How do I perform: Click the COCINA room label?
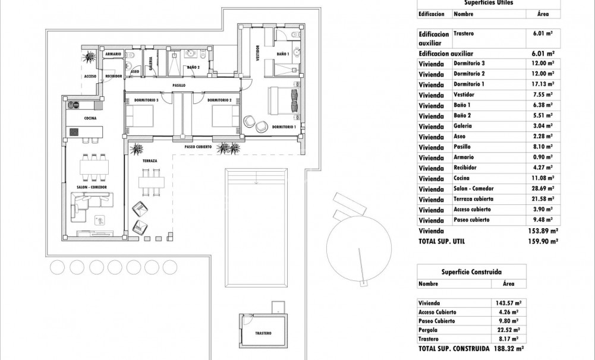click(x=90, y=118)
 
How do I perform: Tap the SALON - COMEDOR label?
click(x=91, y=187)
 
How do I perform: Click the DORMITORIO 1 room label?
click(x=284, y=127)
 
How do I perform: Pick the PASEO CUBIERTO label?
click(x=199, y=146)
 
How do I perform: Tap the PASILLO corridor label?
click(x=178, y=86)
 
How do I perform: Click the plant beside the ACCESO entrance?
click(x=90, y=58)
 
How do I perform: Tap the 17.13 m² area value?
click(x=543, y=84)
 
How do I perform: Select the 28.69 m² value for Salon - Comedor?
click(x=543, y=188)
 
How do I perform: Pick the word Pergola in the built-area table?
click(x=428, y=330)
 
